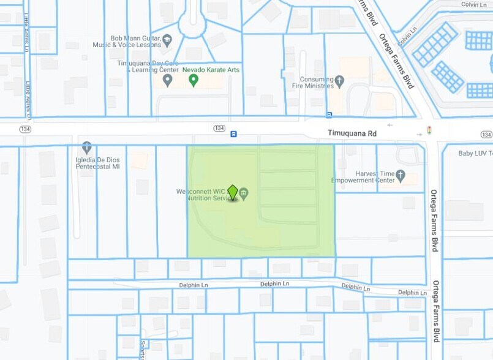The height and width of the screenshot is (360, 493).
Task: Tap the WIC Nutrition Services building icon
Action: pos(244,194)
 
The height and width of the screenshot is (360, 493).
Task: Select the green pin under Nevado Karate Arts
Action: pos(194,80)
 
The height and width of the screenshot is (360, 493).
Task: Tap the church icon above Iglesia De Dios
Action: pos(87,148)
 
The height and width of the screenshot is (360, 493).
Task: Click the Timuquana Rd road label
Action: pos(352,133)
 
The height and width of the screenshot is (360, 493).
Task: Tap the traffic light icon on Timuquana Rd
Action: pos(429,130)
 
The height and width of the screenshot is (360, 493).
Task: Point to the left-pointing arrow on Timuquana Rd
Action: pos(390,125)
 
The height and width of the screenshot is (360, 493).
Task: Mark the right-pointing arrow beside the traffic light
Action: pos(419,134)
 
